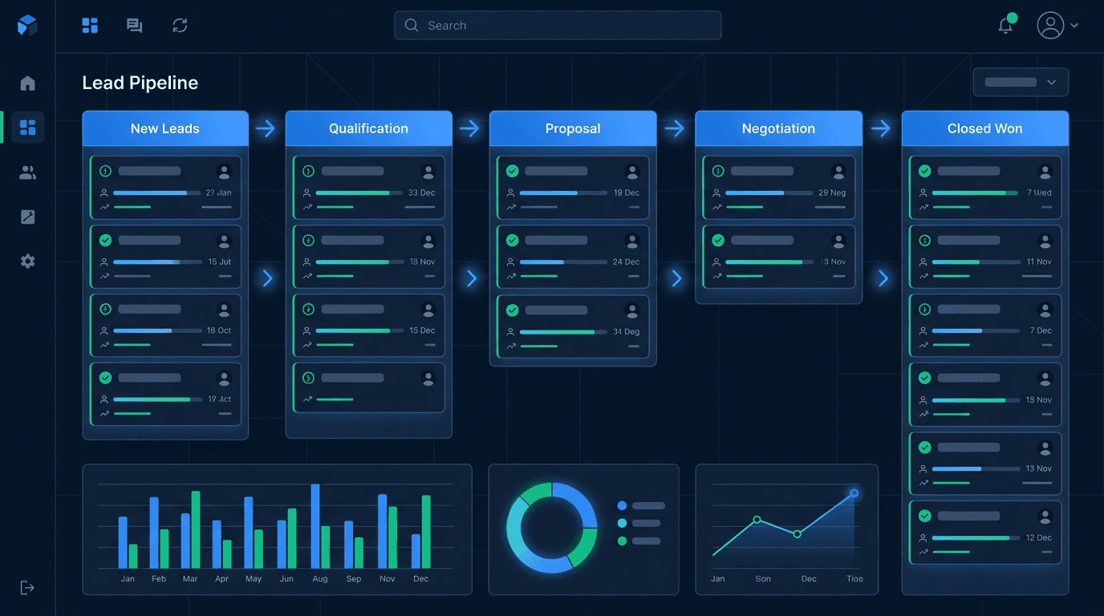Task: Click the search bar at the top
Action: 558,26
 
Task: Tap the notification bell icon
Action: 1005,26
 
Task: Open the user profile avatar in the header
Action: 1050,26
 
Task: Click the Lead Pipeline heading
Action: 140,83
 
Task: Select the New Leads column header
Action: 165,128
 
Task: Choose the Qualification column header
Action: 368,128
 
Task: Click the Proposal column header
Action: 573,128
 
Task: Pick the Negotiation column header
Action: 778,128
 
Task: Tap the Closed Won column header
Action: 984,128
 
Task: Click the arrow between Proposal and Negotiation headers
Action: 675,128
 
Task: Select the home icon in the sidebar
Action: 28,83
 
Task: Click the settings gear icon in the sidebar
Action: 28,261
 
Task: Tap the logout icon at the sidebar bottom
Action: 28,588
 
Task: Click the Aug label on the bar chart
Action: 320,579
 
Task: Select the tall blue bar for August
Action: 315,526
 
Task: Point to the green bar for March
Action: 196,529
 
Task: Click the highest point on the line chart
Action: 854,492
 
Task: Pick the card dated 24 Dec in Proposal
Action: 573,257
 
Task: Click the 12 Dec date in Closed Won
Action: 1039,537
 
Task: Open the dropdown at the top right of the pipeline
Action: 1021,82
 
